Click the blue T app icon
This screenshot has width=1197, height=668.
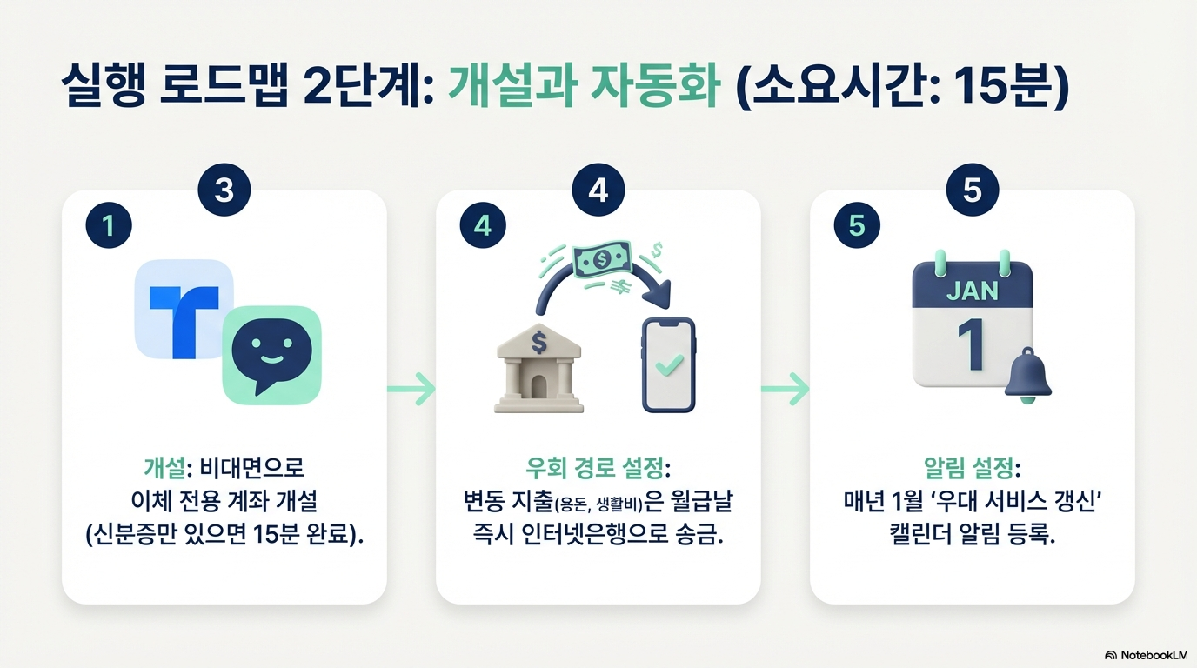coord(184,310)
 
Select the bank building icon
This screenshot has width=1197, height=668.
coord(538,369)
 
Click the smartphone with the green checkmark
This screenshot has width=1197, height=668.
coord(668,364)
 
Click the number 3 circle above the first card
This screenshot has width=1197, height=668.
coord(224,190)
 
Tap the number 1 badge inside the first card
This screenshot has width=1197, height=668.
coord(108,226)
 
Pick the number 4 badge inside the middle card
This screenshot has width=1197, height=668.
coord(482,226)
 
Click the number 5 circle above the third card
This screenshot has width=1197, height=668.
coord(972,190)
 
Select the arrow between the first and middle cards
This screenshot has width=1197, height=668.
coord(411,389)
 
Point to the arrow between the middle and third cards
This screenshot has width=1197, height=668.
coord(785,389)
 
